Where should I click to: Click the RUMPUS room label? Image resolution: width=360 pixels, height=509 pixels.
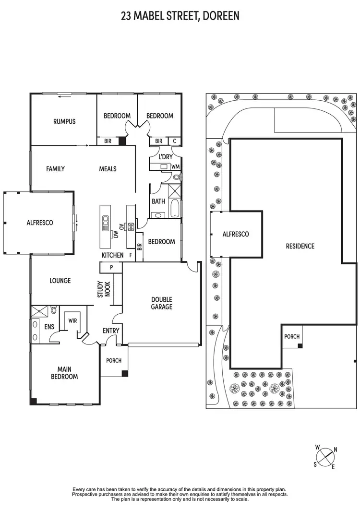coord(64,121)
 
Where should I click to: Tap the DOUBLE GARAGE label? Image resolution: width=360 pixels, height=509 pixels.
coord(162,303)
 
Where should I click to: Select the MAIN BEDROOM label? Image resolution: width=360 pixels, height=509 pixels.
coord(64,373)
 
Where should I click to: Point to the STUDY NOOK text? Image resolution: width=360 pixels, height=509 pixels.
coord(104,290)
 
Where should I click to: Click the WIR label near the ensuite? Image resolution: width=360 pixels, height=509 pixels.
coord(73,320)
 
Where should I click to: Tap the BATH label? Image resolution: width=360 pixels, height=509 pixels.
coord(158,201)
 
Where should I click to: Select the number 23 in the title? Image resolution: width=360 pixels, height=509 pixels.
coord(126,16)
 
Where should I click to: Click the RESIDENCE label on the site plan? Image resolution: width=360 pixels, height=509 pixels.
coord(300,246)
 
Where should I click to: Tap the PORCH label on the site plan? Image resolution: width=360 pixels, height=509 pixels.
coord(291,336)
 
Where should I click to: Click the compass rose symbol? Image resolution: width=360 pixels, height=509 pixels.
coord(326,456)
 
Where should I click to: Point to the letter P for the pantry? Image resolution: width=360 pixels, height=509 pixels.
coord(111,267)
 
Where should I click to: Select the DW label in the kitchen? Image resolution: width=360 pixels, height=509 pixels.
coord(116,234)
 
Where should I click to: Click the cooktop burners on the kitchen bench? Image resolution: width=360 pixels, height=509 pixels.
coord(129,227)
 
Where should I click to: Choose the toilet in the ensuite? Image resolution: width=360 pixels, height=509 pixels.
coord(53,311)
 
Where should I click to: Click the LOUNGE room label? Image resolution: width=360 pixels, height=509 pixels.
coord(60,281)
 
